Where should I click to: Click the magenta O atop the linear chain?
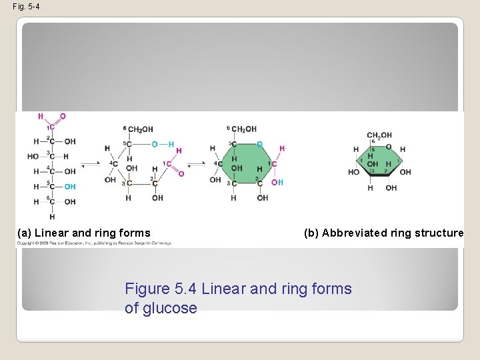coord(63,116)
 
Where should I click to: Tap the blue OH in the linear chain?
coord(69,187)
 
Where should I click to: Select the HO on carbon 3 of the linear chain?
coord(33,157)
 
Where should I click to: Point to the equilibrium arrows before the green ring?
coord(195,163)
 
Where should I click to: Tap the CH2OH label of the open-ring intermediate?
coord(139,129)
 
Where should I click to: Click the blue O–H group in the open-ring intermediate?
coord(162,144)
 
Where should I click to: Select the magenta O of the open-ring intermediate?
coord(181,173)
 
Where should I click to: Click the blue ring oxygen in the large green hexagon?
coord(259,144)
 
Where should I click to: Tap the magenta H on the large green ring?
coord(281,149)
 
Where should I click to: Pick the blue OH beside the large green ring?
coord(277,182)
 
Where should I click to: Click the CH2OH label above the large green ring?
coord(244,129)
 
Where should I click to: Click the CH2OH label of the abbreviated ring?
coord(379,135)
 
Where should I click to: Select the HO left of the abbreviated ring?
coord(353,172)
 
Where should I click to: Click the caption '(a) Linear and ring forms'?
coord(84,233)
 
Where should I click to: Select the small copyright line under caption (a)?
coord(94,243)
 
